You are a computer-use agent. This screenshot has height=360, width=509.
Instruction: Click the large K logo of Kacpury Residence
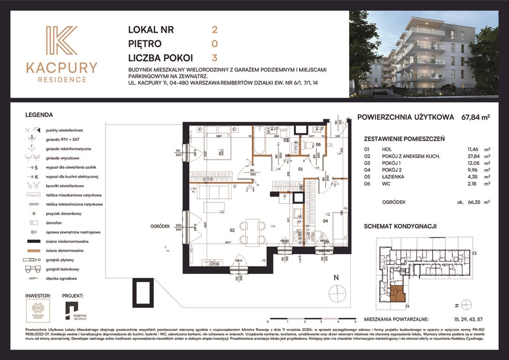61,41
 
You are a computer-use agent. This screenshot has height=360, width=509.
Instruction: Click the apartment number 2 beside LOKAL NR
215,30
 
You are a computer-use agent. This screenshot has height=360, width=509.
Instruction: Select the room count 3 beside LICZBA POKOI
215,58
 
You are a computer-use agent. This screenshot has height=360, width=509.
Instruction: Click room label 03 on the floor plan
221,153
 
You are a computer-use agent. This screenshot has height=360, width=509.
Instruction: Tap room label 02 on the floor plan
231,230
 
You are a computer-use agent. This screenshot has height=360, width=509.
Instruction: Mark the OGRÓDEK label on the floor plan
160,226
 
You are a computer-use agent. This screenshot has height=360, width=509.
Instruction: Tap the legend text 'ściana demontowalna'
65,250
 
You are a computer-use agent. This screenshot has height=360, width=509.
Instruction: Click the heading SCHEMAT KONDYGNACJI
400,226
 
